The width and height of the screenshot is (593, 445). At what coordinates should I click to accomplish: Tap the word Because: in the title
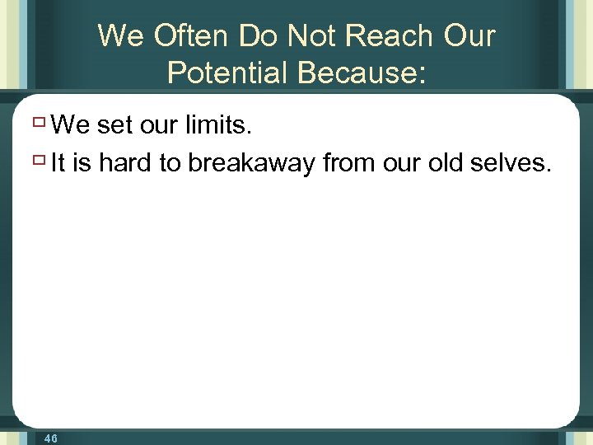pyautogui.click(x=362, y=73)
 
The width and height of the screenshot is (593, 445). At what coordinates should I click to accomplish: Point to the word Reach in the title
pyautogui.click(x=389, y=36)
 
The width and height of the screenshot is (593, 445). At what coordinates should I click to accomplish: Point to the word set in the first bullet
pyautogui.click(x=114, y=126)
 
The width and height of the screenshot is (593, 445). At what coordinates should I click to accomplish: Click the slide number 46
pyautogui.click(x=50, y=438)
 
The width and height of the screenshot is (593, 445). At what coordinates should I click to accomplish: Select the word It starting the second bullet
pyautogui.click(x=58, y=164)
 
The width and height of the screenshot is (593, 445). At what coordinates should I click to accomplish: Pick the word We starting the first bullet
pyautogui.click(x=70, y=126)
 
